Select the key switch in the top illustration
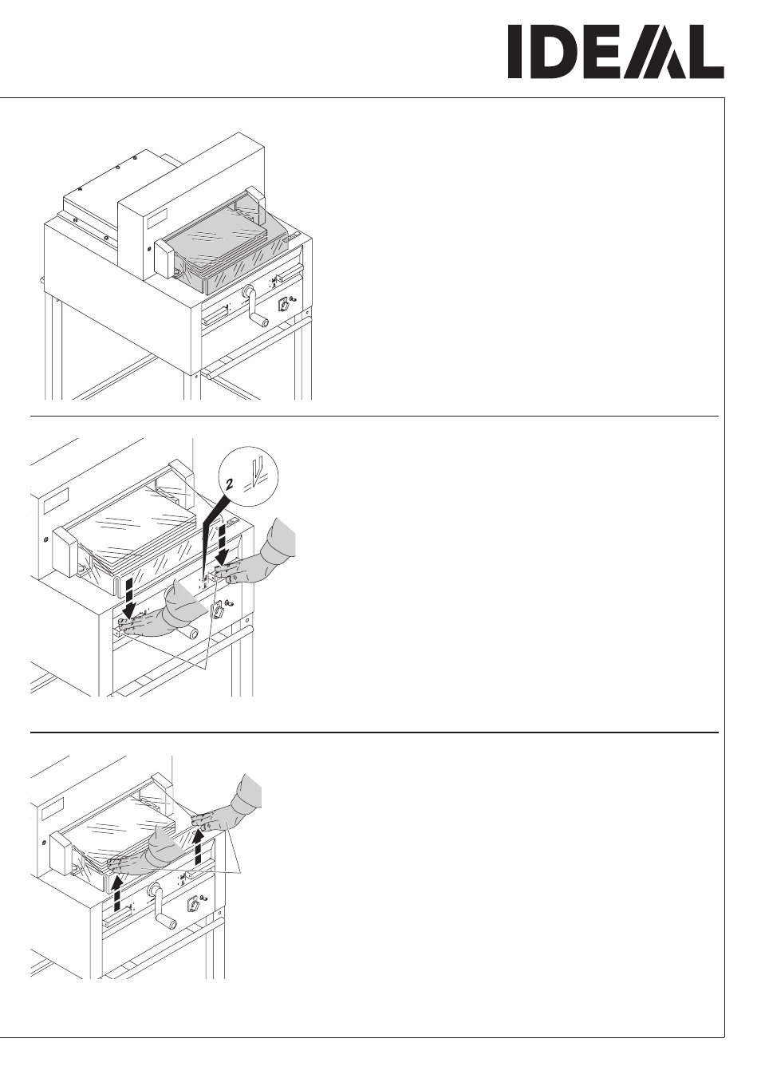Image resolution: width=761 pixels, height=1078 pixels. click(284, 304)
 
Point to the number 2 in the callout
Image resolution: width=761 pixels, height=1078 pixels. click(230, 484)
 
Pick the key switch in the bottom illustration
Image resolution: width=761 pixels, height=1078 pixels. click(193, 902)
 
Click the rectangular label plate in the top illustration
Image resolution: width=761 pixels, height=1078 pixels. click(157, 219)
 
